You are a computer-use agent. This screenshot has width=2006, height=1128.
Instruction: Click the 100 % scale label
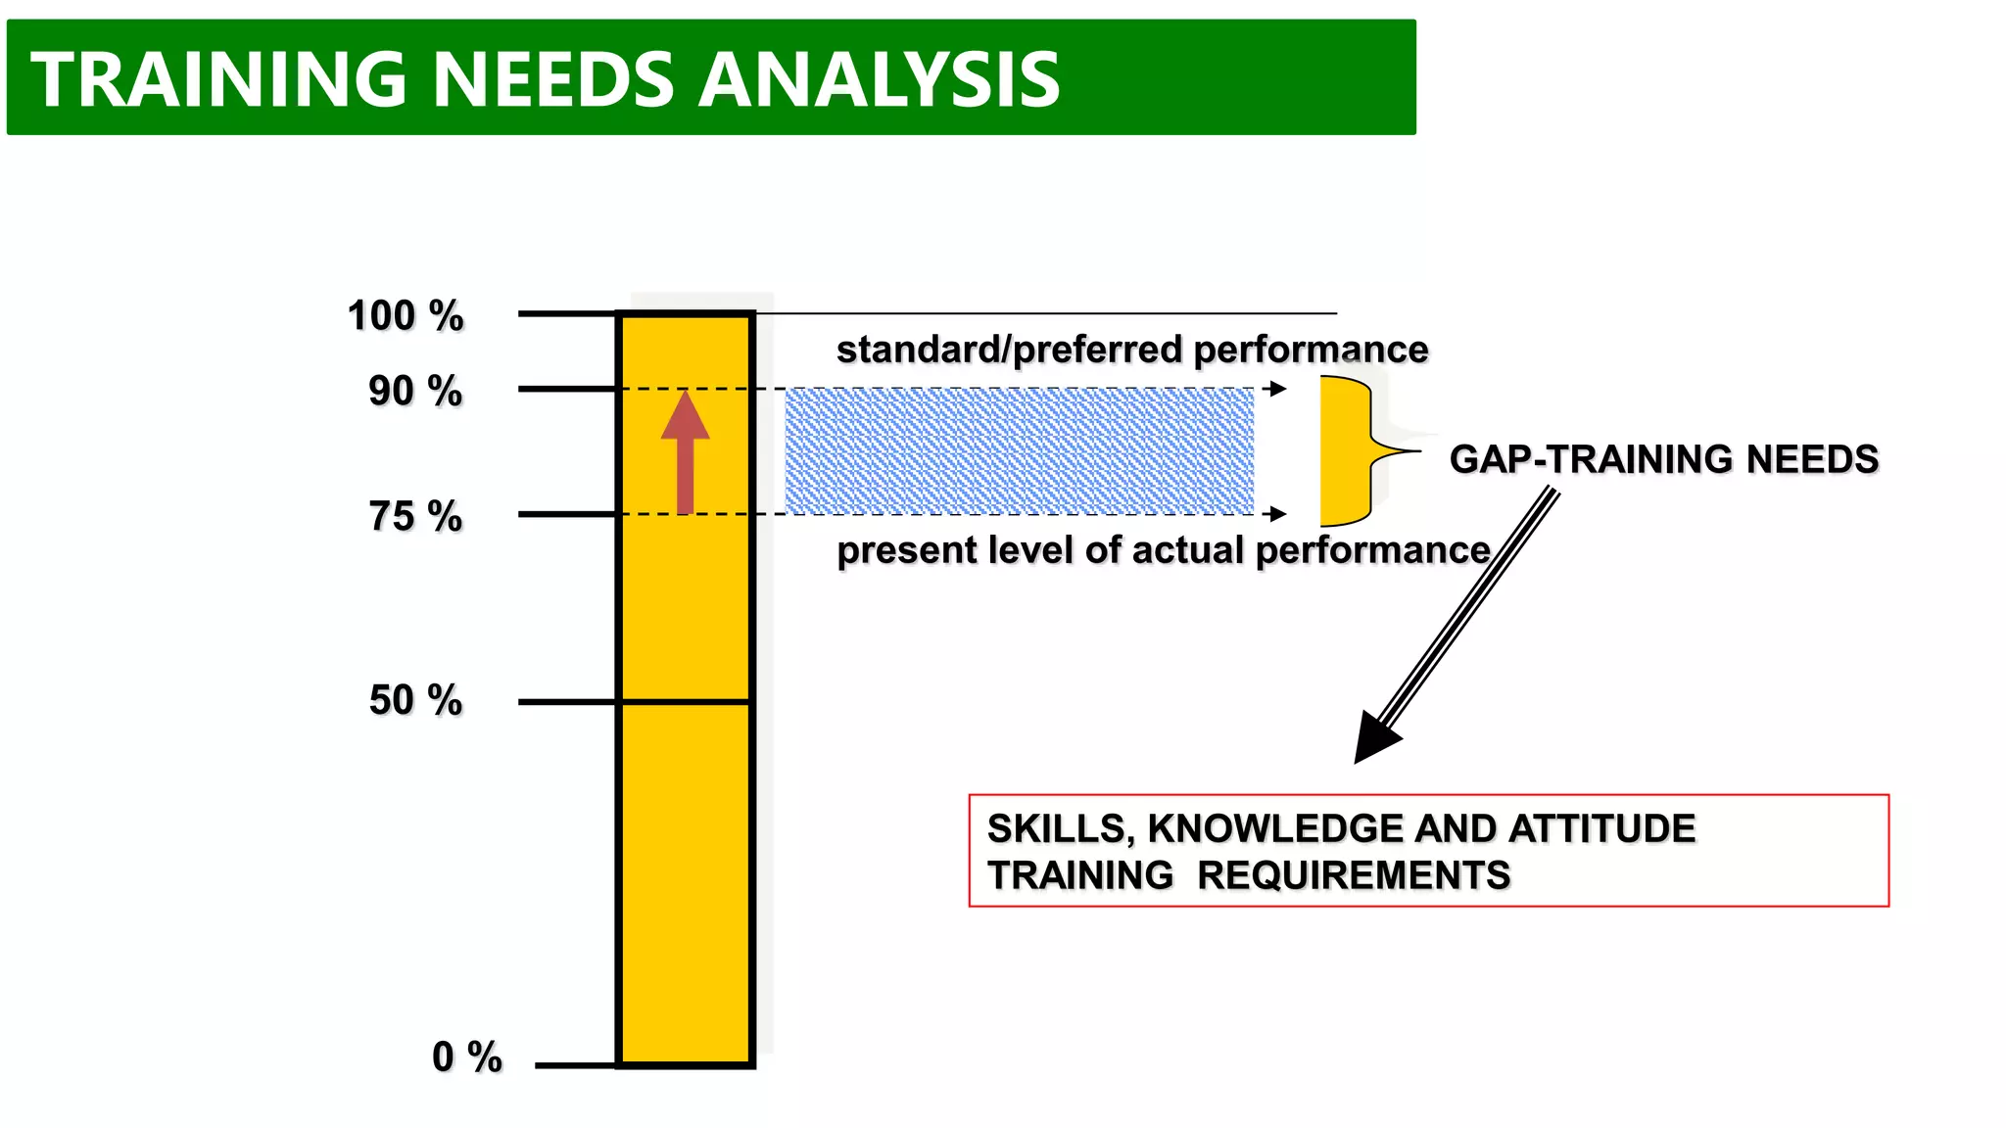(x=406, y=316)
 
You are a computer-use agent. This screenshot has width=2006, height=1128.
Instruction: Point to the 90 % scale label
(x=415, y=392)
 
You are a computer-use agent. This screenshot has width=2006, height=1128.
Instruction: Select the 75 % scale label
(x=415, y=516)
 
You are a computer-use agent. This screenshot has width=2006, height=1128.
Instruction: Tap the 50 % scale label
(x=415, y=700)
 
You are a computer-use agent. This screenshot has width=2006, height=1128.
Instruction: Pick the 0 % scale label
(x=466, y=1057)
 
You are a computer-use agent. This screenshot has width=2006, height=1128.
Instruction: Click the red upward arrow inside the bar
(x=685, y=451)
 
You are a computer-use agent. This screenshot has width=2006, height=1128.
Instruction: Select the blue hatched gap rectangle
(x=1019, y=451)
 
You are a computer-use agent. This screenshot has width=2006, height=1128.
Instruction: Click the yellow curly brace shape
(x=1347, y=451)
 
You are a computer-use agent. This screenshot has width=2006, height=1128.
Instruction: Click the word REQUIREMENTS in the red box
(x=1354, y=875)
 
